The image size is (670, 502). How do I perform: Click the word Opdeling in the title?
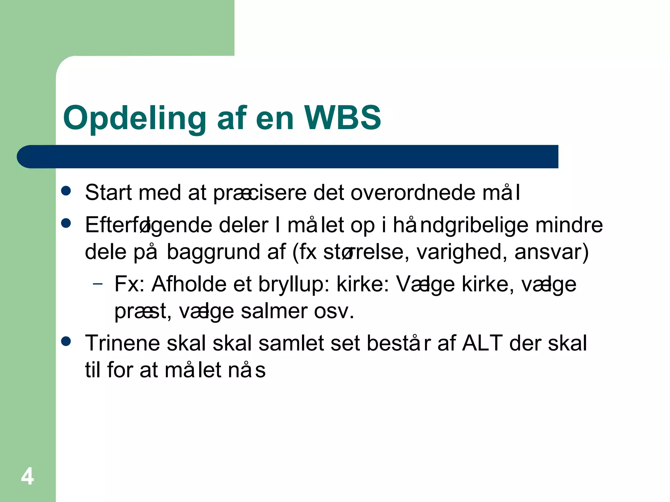134,118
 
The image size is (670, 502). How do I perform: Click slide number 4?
27,476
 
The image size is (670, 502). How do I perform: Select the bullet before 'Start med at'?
66,191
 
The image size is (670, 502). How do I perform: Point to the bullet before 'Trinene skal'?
66,342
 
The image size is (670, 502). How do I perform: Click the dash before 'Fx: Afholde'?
97,284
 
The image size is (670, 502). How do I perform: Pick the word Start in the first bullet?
108,192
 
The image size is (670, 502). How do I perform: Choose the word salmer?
274,311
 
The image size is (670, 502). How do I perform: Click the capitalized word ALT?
482,343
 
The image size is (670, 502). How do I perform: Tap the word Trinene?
122,343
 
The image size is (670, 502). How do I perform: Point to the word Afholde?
189,284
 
